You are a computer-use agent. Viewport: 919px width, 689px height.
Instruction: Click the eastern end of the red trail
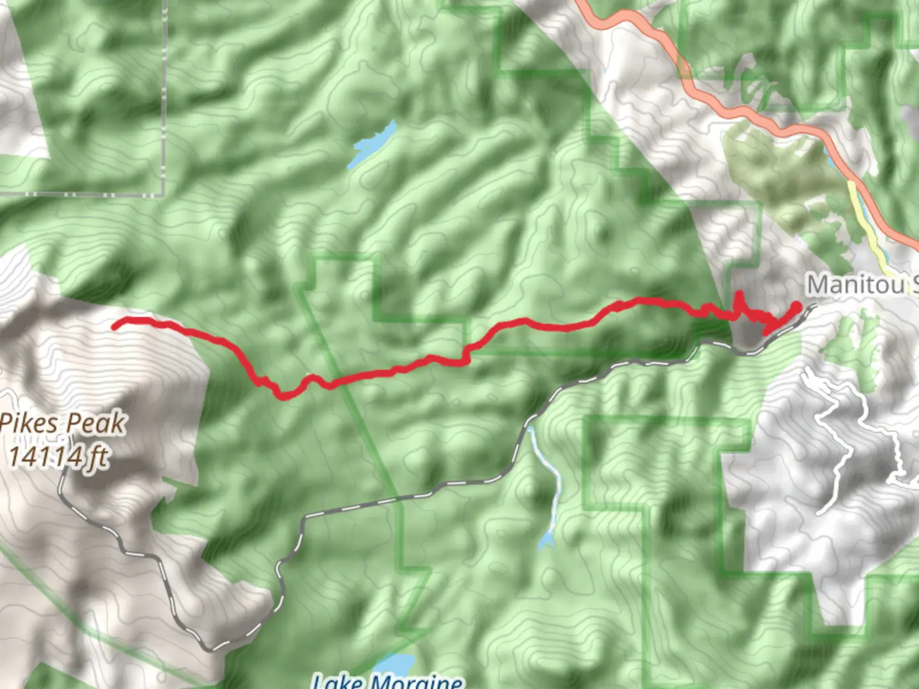[797, 306]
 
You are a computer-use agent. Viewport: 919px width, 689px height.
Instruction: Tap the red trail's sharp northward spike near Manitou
[739, 295]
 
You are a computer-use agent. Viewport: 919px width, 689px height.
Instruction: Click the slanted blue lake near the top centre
[374, 143]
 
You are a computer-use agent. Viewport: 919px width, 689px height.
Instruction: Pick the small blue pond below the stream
[544, 543]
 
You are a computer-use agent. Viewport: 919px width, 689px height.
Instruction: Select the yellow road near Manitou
[865, 223]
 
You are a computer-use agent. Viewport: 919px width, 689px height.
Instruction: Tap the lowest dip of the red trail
[283, 397]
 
